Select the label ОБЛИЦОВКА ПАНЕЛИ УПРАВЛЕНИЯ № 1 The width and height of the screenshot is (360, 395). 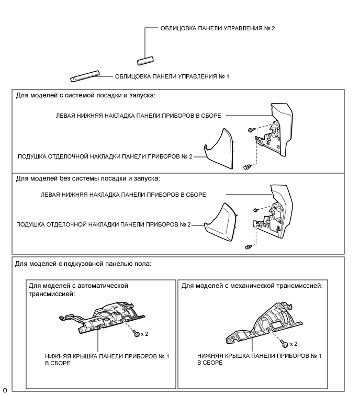pos(172,76)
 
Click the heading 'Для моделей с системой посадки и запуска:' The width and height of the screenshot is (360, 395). pos(86,95)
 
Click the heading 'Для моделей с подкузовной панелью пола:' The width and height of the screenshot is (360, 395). pos(84,263)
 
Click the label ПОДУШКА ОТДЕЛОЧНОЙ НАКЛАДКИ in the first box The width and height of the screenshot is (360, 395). pos(105,156)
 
